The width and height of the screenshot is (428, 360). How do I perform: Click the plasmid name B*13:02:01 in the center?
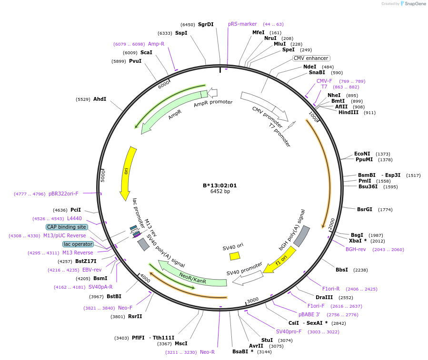(x=219, y=185)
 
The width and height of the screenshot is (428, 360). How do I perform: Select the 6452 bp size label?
(x=219, y=192)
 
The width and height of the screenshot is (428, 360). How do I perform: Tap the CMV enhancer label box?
(x=311, y=58)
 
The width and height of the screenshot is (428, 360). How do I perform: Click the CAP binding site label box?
(x=67, y=227)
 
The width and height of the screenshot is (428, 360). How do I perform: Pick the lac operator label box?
(x=78, y=244)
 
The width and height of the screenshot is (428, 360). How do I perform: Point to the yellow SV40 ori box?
(x=235, y=256)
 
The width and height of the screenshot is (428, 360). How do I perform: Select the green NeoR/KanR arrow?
(x=193, y=277)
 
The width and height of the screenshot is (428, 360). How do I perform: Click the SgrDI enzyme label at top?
(x=206, y=24)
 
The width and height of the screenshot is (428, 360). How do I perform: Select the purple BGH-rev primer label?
(x=356, y=249)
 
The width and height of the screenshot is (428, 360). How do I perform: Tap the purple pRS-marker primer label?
(x=242, y=24)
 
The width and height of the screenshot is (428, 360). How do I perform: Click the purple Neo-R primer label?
(x=207, y=352)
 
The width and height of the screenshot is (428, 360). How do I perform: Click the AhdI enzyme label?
(x=100, y=99)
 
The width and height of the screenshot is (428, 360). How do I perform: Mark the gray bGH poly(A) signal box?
(x=301, y=236)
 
